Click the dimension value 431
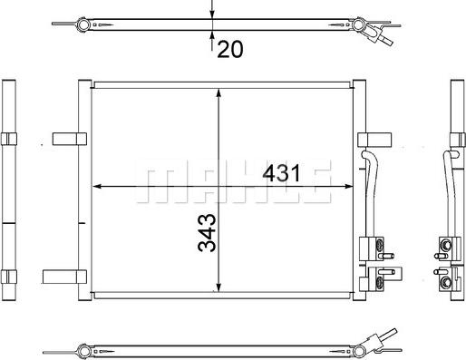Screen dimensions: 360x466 pyautogui.click(x=281, y=172)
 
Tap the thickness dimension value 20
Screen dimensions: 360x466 pyautogui.click(x=230, y=49)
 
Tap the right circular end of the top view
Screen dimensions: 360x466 pyautogui.click(x=357, y=24)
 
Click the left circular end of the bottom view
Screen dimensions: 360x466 pyautogui.click(x=83, y=347)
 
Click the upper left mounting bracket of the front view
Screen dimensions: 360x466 pyautogui.click(x=65, y=138)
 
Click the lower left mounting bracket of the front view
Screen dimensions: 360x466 pyautogui.click(x=65, y=275)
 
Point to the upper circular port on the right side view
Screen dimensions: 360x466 pyautogui.click(x=445, y=244)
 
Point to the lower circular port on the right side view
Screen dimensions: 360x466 pyautogui.click(x=445, y=281)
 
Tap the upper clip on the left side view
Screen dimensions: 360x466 pyautogui.click(x=9, y=138)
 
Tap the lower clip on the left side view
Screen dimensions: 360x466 pyautogui.click(x=9, y=275)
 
